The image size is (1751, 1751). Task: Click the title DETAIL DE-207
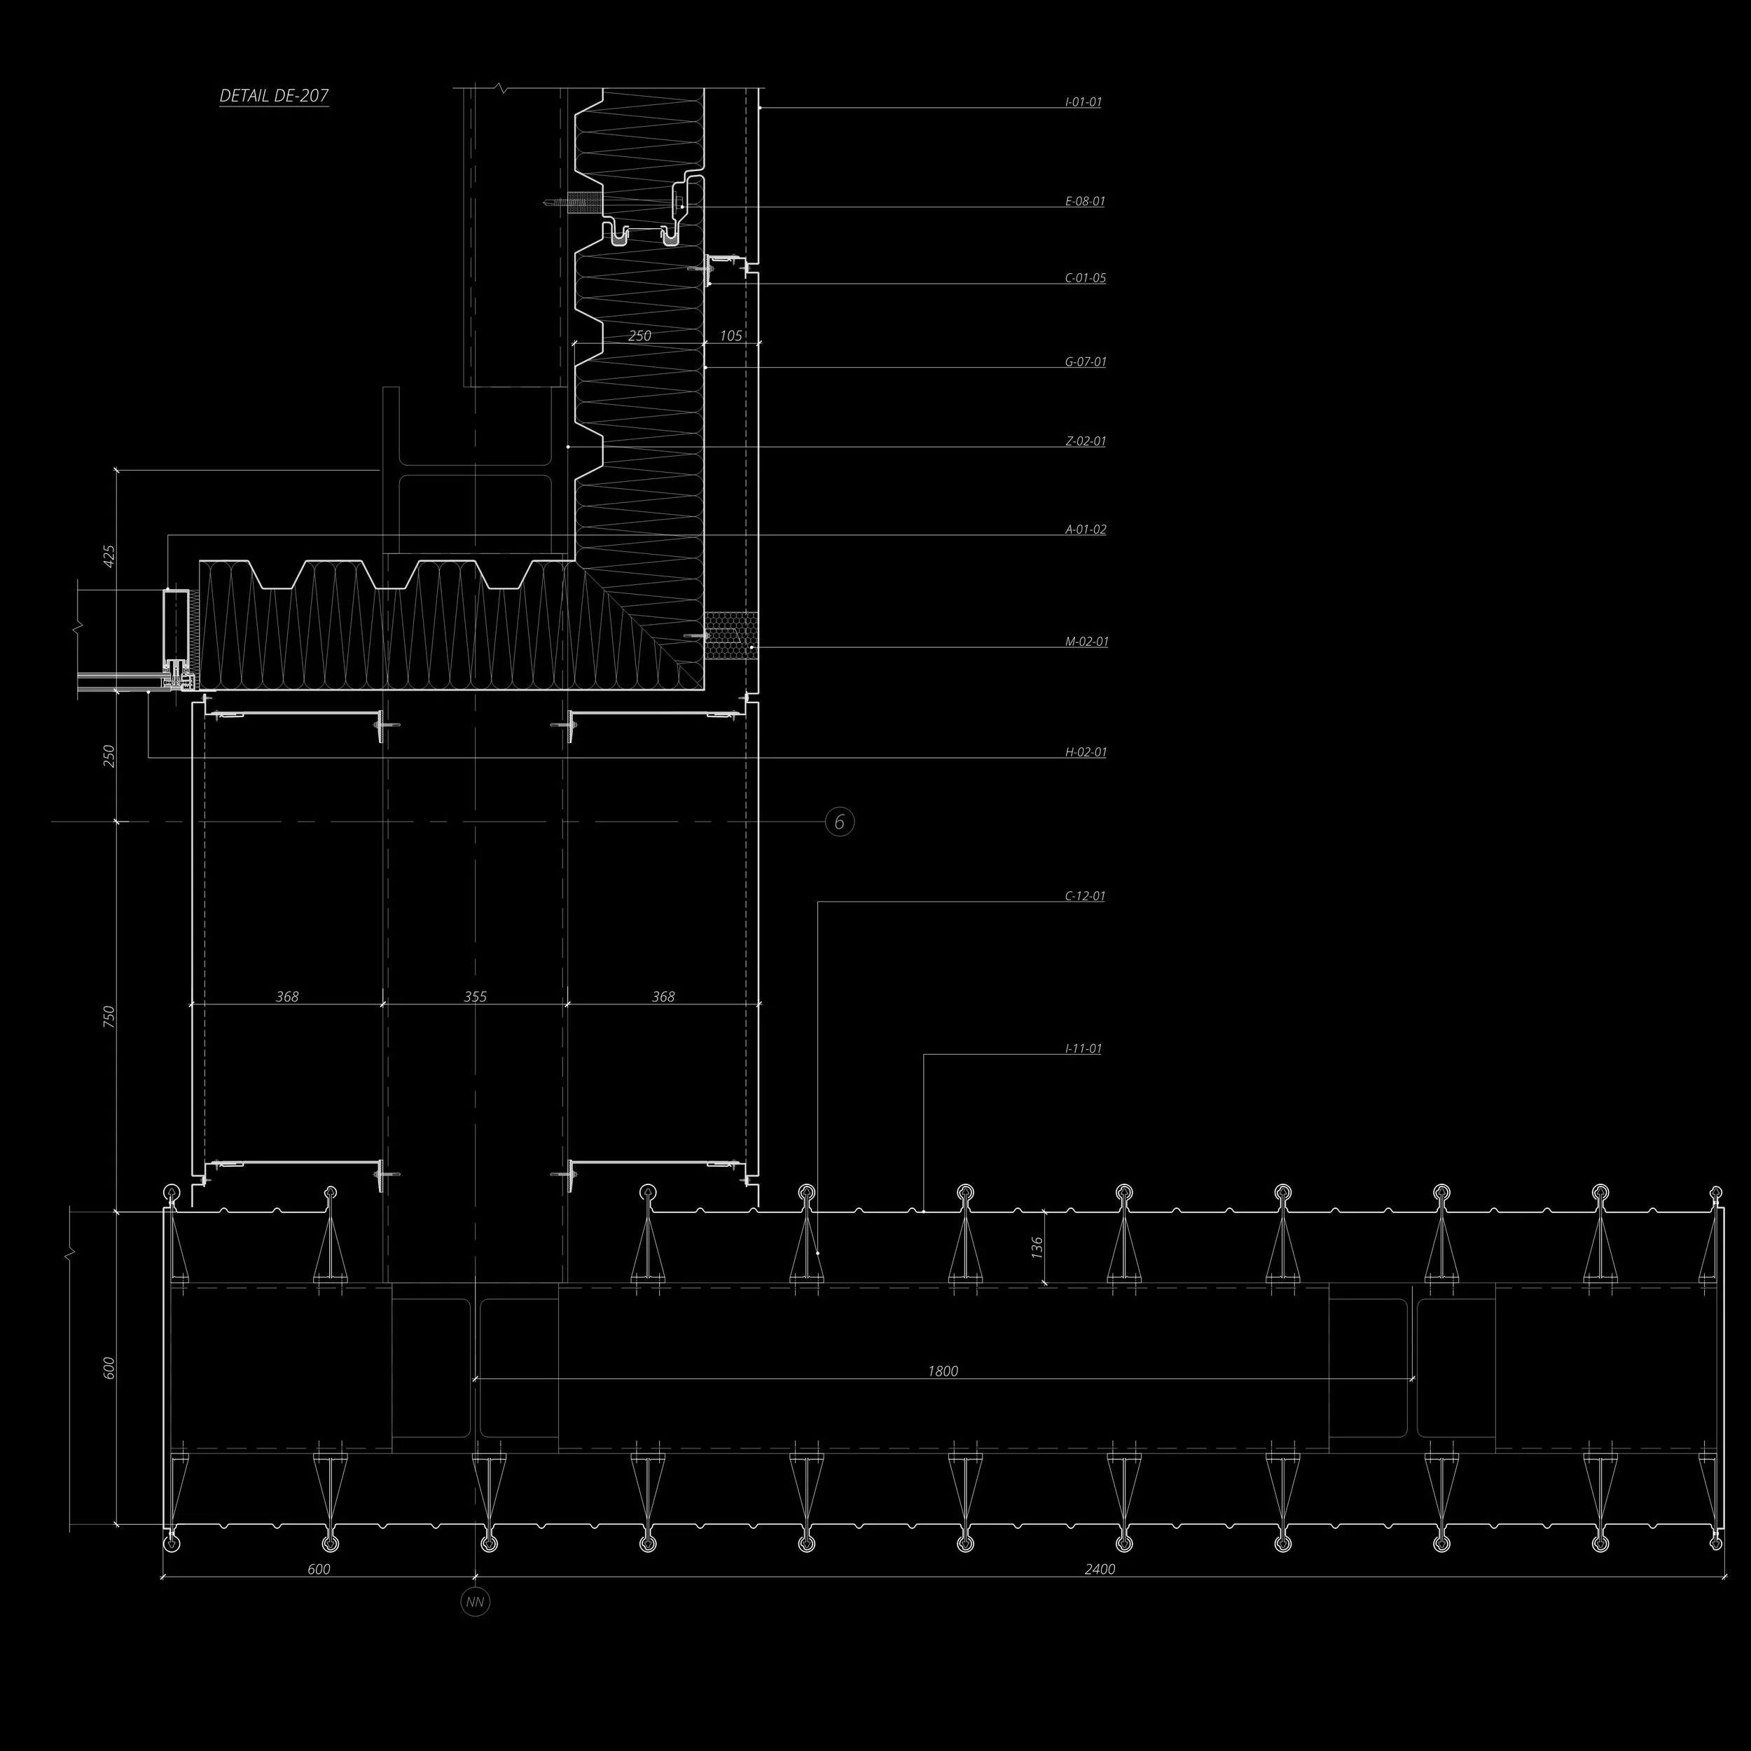point(274,96)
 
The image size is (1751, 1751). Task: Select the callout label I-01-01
point(1083,102)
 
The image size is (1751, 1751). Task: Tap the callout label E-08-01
point(1085,201)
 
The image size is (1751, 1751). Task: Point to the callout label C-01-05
point(1085,278)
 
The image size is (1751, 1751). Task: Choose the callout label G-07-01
point(1085,361)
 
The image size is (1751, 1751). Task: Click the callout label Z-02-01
point(1085,441)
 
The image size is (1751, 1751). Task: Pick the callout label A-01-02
point(1085,530)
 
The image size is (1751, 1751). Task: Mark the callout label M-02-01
point(1086,642)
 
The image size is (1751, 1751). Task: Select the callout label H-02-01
point(1085,752)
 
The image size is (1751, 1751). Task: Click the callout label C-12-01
point(1085,897)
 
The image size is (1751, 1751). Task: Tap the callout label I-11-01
point(1083,1048)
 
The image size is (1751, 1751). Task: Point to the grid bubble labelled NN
point(475,1603)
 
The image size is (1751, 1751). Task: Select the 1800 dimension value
point(943,1371)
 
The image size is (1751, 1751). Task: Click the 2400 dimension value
point(1100,1569)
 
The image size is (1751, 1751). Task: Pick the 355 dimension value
point(475,996)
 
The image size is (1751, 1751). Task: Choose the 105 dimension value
point(731,335)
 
